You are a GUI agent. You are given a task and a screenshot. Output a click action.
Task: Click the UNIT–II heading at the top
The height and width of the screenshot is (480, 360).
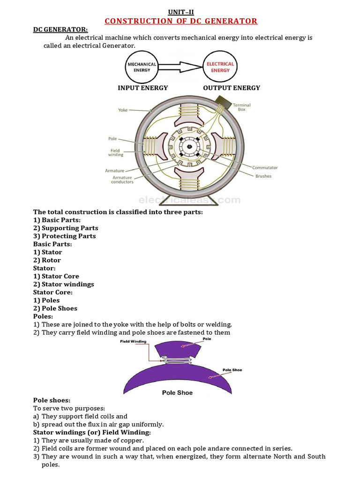pos(180,12)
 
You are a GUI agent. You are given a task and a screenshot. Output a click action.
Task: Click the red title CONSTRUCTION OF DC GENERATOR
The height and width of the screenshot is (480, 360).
pos(180,21)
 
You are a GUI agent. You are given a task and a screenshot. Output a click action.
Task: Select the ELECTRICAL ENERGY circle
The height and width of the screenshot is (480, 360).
pos(220,67)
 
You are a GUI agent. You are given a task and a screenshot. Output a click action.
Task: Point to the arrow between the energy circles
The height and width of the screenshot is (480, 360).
pos(180,67)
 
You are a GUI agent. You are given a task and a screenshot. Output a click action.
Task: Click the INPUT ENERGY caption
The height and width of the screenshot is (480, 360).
pos(142,88)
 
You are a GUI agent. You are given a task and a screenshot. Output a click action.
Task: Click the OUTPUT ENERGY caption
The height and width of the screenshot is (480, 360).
pos(232,88)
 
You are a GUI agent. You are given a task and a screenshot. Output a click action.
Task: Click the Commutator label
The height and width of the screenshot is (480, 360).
pos(265,167)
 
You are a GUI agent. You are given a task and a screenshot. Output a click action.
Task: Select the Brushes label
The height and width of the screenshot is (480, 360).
pos(263,176)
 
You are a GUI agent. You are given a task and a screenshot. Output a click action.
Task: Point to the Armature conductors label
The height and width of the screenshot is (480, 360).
pos(122,180)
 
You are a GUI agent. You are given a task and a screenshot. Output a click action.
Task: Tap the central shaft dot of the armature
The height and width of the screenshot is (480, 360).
pos(189,147)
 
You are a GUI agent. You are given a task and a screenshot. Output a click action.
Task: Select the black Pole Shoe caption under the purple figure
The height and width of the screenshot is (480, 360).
pos(177,392)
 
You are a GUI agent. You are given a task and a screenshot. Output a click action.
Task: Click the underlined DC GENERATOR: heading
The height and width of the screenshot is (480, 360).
pos(54,30)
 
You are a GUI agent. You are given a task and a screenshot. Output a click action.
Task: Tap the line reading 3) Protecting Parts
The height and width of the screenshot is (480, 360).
pos(64,236)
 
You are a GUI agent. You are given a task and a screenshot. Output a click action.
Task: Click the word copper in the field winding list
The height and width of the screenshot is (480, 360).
pos(133,440)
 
